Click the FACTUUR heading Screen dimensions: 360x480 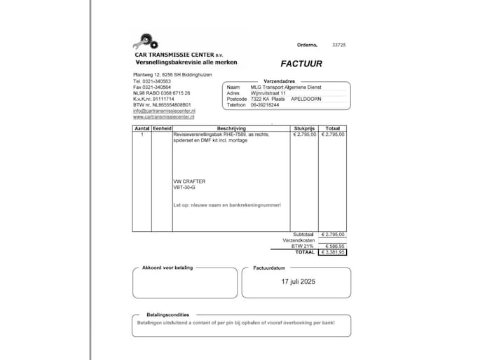pos(301,63)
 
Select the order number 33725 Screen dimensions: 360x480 pos(338,45)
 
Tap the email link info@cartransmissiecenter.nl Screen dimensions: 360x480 pos(164,111)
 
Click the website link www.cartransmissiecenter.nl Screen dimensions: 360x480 pos(164,117)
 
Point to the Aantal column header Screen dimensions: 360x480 pos(142,129)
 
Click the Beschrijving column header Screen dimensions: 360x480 pos(231,129)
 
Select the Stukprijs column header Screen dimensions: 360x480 pos(304,129)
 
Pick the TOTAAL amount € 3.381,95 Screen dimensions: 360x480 pos(332,252)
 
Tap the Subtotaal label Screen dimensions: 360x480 pos(303,234)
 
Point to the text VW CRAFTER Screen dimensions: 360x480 pos(189,181)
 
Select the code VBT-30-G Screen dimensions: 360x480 pos(184,188)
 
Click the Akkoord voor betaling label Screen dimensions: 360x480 pos(167,268)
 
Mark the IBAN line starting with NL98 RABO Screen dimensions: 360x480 pos(161,92)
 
